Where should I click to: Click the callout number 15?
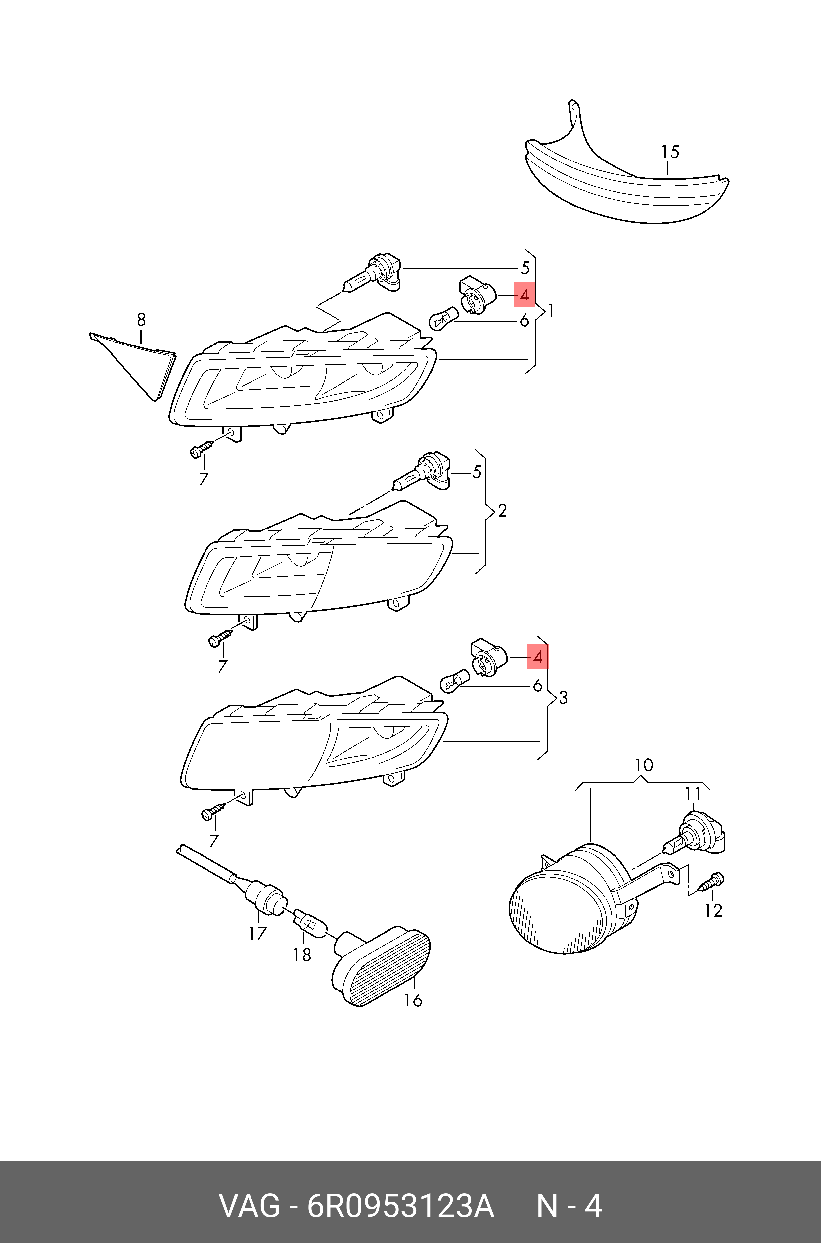tap(670, 152)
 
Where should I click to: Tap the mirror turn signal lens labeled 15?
tap(623, 183)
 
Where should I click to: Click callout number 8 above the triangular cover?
tap(141, 319)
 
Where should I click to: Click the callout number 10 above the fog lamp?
tap(644, 765)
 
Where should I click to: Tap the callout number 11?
tap(693, 794)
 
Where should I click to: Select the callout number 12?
tap(713, 910)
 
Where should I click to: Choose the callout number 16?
tap(413, 1000)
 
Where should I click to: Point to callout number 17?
tap(257, 933)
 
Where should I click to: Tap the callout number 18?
tap(302, 955)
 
